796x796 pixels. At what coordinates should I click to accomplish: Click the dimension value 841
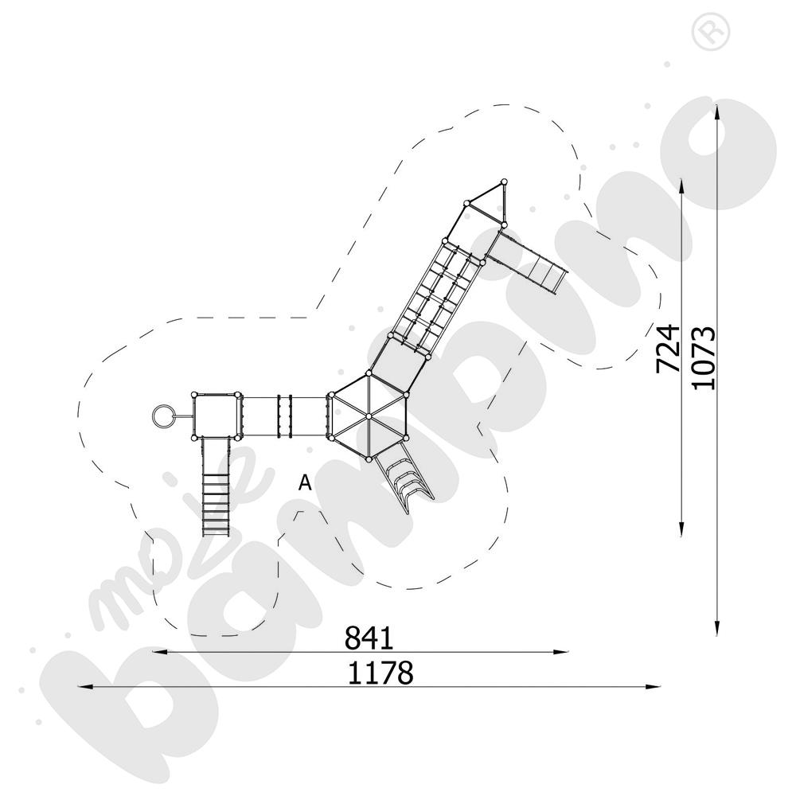coord(369,638)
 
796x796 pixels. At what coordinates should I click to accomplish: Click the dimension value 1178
coord(380,673)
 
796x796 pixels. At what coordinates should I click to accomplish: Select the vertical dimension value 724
coord(668,348)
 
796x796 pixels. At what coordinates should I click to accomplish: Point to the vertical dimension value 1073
coord(704,358)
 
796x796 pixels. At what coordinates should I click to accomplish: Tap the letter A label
coord(304,482)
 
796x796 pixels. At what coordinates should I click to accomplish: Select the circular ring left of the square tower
coord(162,416)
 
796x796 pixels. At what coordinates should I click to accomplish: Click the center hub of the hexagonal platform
coord(369,416)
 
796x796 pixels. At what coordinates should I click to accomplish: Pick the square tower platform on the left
coord(217,416)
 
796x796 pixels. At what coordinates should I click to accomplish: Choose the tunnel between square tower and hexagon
coord(284,416)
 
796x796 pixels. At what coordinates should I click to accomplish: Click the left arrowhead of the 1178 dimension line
coord(80,686)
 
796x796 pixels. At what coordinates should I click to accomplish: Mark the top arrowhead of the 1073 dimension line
coord(719,108)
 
